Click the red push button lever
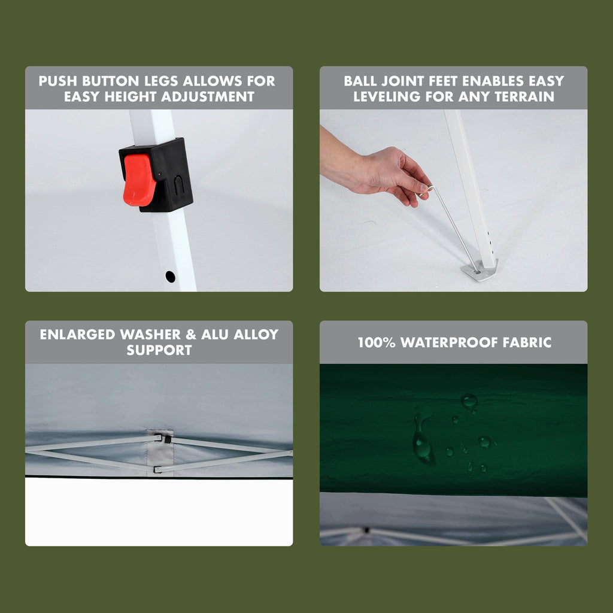(138, 180)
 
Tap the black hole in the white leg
(170, 277)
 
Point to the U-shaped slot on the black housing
(178, 186)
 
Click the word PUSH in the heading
(57, 81)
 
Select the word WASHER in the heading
(150, 335)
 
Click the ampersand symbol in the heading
(191, 335)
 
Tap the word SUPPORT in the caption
(159, 350)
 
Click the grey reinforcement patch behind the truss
(159, 453)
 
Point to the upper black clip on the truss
(167, 439)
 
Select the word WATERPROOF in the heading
(449, 342)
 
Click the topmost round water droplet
(469, 400)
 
